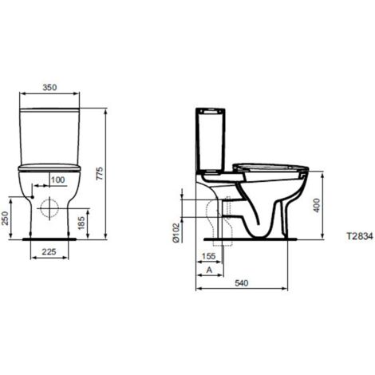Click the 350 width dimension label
pyautogui.click(x=49, y=87)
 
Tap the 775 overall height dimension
pyautogui.click(x=99, y=174)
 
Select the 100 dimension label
pyautogui.click(x=58, y=180)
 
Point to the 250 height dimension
pyautogui.click(x=6, y=218)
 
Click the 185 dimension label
pyautogui.click(x=81, y=223)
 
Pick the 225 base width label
pyautogui.click(x=49, y=251)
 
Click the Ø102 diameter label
pyautogui.click(x=176, y=233)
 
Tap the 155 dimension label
pyautogui.click(x=208, y=256)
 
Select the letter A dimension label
pyautogui.click(x=210, y=270)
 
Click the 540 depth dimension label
pyautogui.click(x=242, y=283)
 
